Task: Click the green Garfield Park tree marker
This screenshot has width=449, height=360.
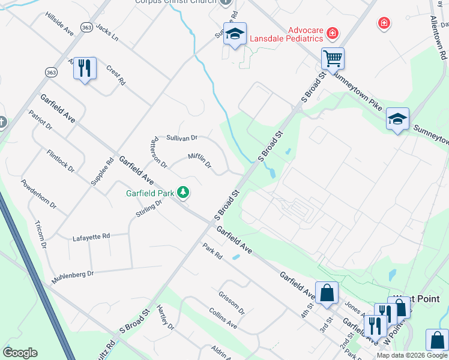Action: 183,193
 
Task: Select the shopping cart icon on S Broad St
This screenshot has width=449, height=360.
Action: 333,59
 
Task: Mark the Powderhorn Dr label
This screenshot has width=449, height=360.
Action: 38,194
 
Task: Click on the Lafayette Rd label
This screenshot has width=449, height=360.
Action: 91,236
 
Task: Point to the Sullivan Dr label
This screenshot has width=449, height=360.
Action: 182,138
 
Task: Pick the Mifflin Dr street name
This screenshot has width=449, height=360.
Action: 200,161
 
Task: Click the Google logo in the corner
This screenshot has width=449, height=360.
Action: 20,352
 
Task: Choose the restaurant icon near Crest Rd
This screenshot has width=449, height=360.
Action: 85,68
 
